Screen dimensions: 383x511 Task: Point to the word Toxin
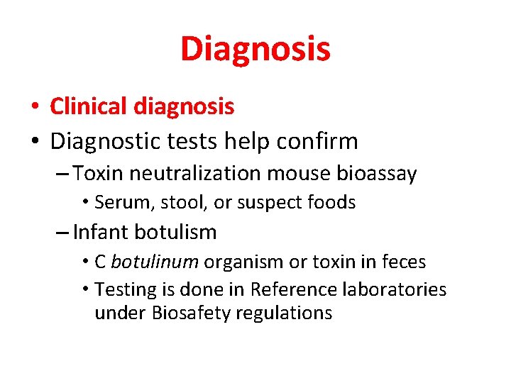coord(96,173)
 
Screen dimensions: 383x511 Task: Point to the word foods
coord(331,203)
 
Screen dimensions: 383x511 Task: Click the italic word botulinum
coord(154,262)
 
